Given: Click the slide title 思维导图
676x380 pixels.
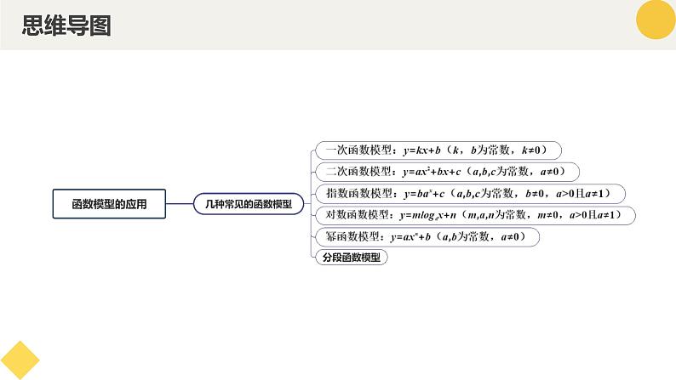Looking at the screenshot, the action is point(66,26).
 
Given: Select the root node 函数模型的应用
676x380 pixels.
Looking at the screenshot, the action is point(109,203).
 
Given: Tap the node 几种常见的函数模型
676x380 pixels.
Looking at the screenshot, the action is point(249,203).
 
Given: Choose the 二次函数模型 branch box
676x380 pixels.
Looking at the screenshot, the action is point(447,172).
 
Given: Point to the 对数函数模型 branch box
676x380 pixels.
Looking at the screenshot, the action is point(474,215).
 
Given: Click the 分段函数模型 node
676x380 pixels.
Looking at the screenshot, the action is point(352,258).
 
